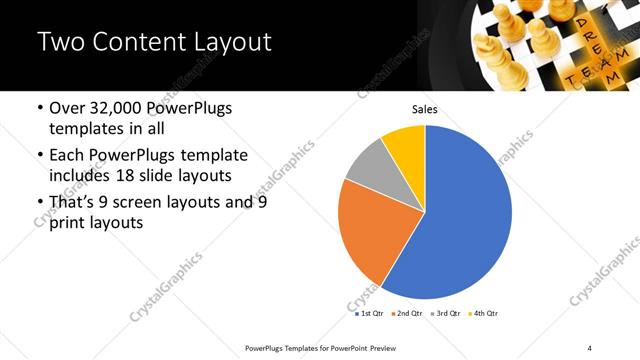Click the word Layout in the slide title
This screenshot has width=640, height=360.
tap(224, 43)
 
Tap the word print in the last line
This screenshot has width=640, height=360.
tap(67, 223)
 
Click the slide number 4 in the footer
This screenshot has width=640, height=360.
tap(590, 347)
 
